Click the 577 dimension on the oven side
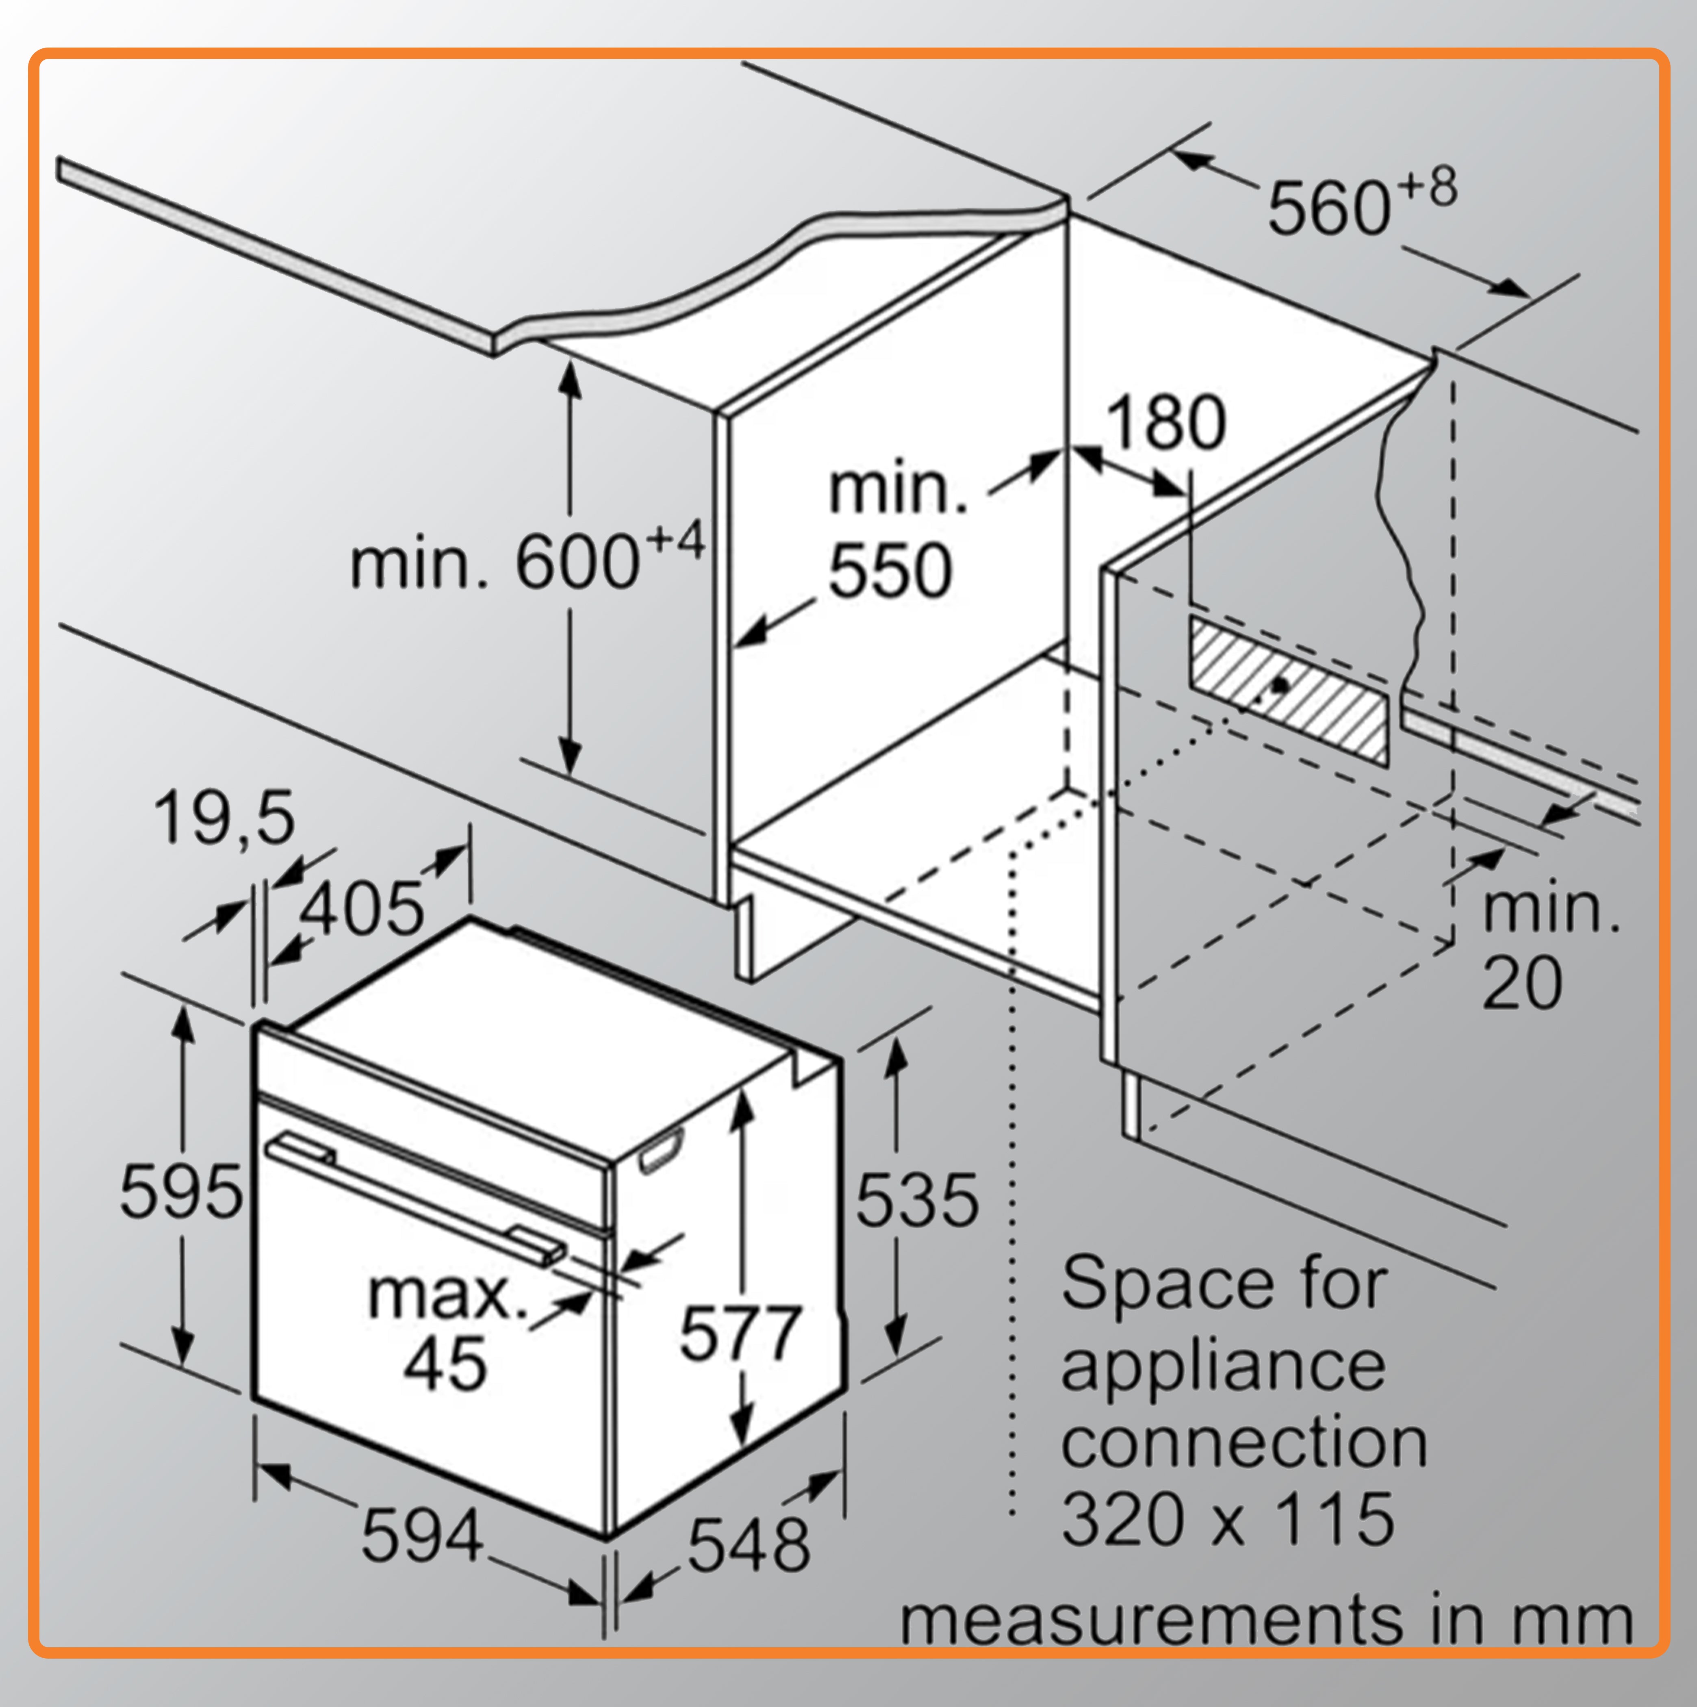[x=740, y=1332]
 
